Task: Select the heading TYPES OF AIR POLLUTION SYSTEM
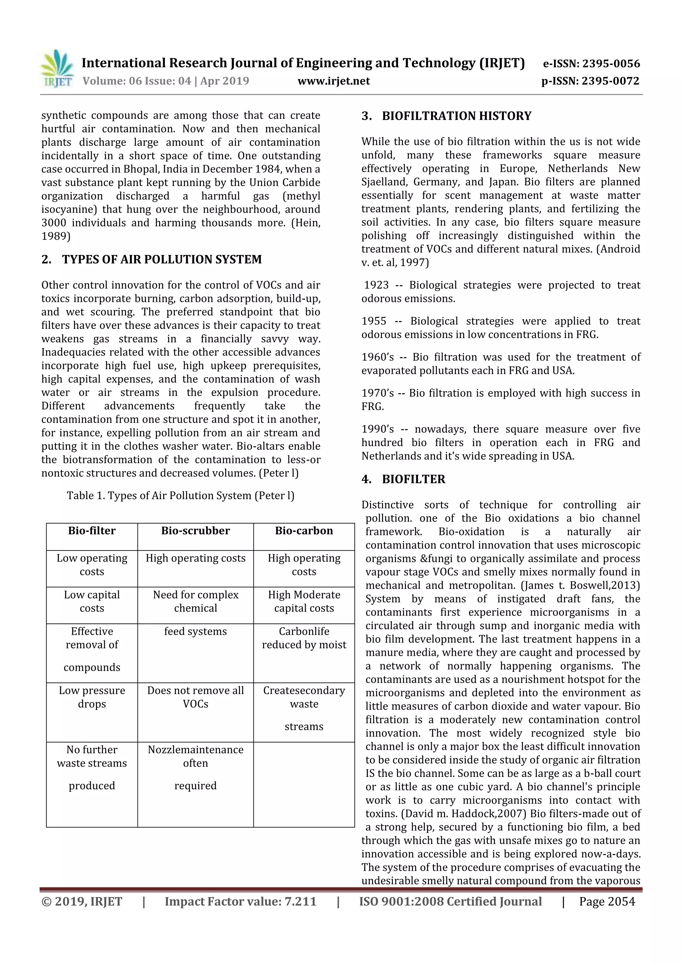[x=162, y=259]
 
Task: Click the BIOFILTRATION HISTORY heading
[x=457, y=116]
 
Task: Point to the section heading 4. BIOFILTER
[x=413, y=479]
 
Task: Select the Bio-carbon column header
[x=304, y=531]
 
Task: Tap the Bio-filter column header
[x=92, y=531]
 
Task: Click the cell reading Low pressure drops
[x=92, y=697]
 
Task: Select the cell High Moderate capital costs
[x=304, y=601]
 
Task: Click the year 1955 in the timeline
[x=374, y=321]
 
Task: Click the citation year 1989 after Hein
[x=55, y=236]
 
